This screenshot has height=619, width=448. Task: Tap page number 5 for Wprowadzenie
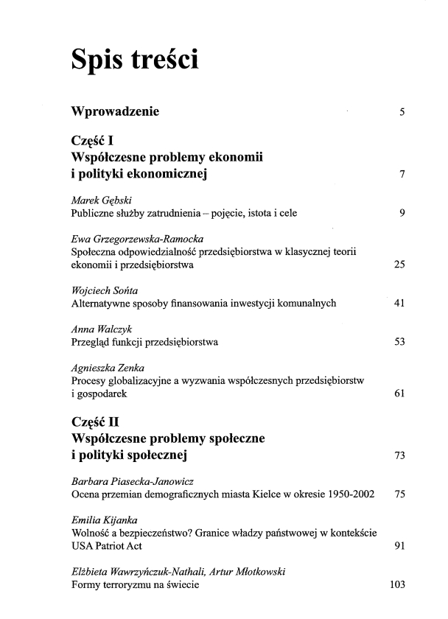click(x=402, y=113)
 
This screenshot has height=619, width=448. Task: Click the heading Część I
click(x=91, y=141)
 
